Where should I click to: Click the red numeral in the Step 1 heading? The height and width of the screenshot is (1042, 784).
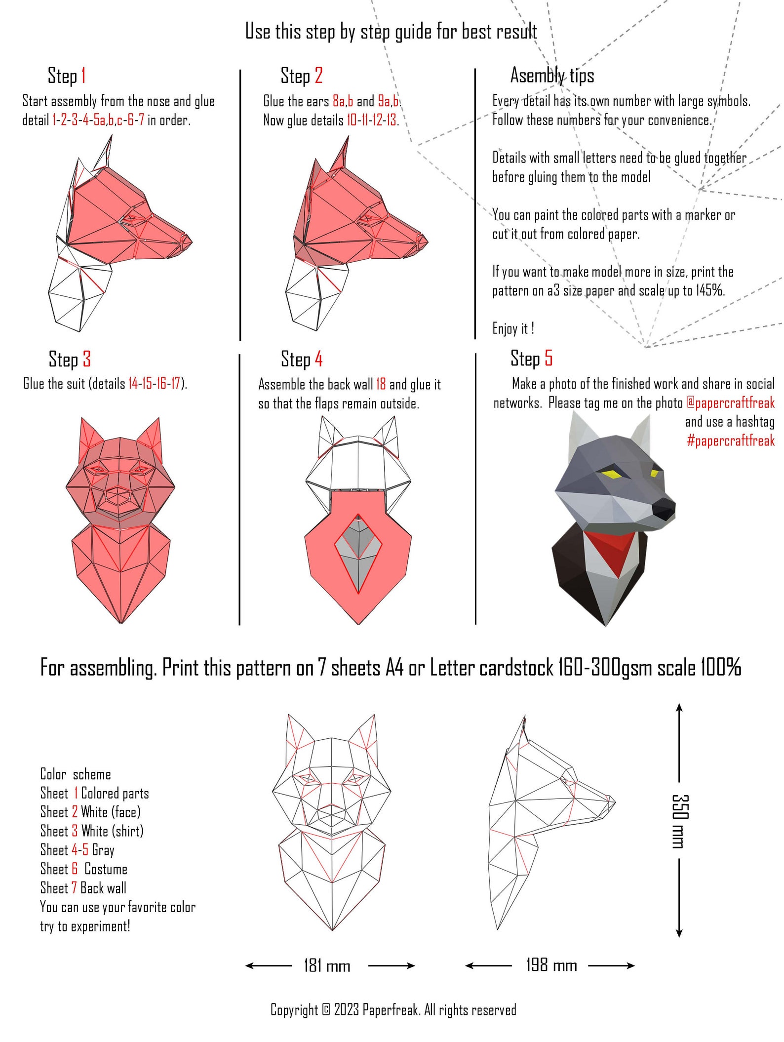pos(83,76)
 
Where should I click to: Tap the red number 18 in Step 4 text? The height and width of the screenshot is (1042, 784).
pos(381,384)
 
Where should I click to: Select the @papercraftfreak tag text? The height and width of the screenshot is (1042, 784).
pos(730,403)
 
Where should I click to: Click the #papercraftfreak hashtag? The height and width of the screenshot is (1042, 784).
pos(730,441)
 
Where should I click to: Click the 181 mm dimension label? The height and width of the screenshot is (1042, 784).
pos(327,965)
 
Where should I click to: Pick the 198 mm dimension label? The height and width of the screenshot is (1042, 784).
pos(551,965)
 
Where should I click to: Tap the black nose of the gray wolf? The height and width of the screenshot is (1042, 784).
pos(664,509)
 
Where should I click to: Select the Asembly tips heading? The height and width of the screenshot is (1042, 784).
pos(551,76)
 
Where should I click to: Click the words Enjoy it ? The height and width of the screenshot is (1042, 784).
pos(513,329)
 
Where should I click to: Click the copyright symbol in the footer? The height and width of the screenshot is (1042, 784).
pos(326,1010)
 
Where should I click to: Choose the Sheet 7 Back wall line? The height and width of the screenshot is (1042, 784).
pos(83,888)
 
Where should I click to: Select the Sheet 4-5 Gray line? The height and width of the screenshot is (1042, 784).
pos(77,850)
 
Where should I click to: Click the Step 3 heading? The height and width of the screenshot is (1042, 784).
pos(70,359)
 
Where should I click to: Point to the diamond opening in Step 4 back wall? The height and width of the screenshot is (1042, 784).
pos(358,553)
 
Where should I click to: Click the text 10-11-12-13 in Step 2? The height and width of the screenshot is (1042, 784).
pos(372,120)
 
